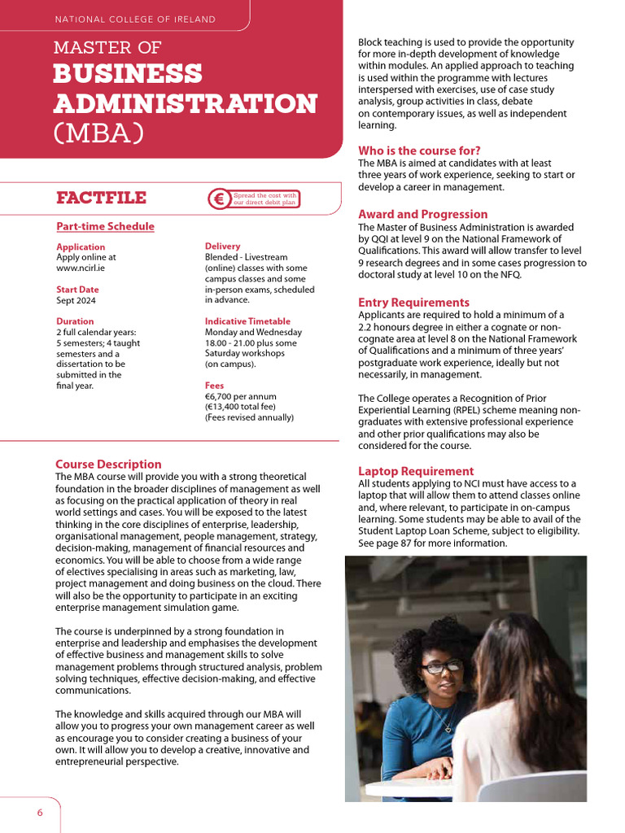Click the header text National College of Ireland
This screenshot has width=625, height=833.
click(134, 19)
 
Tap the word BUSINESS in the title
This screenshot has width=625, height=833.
click(128, 74)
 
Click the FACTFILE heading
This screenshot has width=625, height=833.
click(101, 198)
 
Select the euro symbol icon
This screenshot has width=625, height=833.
click(219, 199)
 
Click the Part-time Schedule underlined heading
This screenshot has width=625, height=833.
click(105, 227)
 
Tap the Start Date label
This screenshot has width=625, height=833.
click(77, 290)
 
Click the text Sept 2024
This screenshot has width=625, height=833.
click(76, 300)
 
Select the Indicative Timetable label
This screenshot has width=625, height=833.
click(247, 321)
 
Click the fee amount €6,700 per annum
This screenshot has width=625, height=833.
click(244, 396)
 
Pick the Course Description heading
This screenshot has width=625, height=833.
click(108, 464)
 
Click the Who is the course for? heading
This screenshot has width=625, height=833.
click(419, 150)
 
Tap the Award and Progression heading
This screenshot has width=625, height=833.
click(423, 215)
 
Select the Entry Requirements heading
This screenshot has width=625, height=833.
click(414, 303)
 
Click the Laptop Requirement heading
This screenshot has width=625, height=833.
click(416, 471)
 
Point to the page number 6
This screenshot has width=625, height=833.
click(39, 813)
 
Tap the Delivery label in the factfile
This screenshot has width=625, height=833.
click(222, 246)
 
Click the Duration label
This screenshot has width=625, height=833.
click(75, 321)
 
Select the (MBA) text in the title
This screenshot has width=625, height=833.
click(98, 133)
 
